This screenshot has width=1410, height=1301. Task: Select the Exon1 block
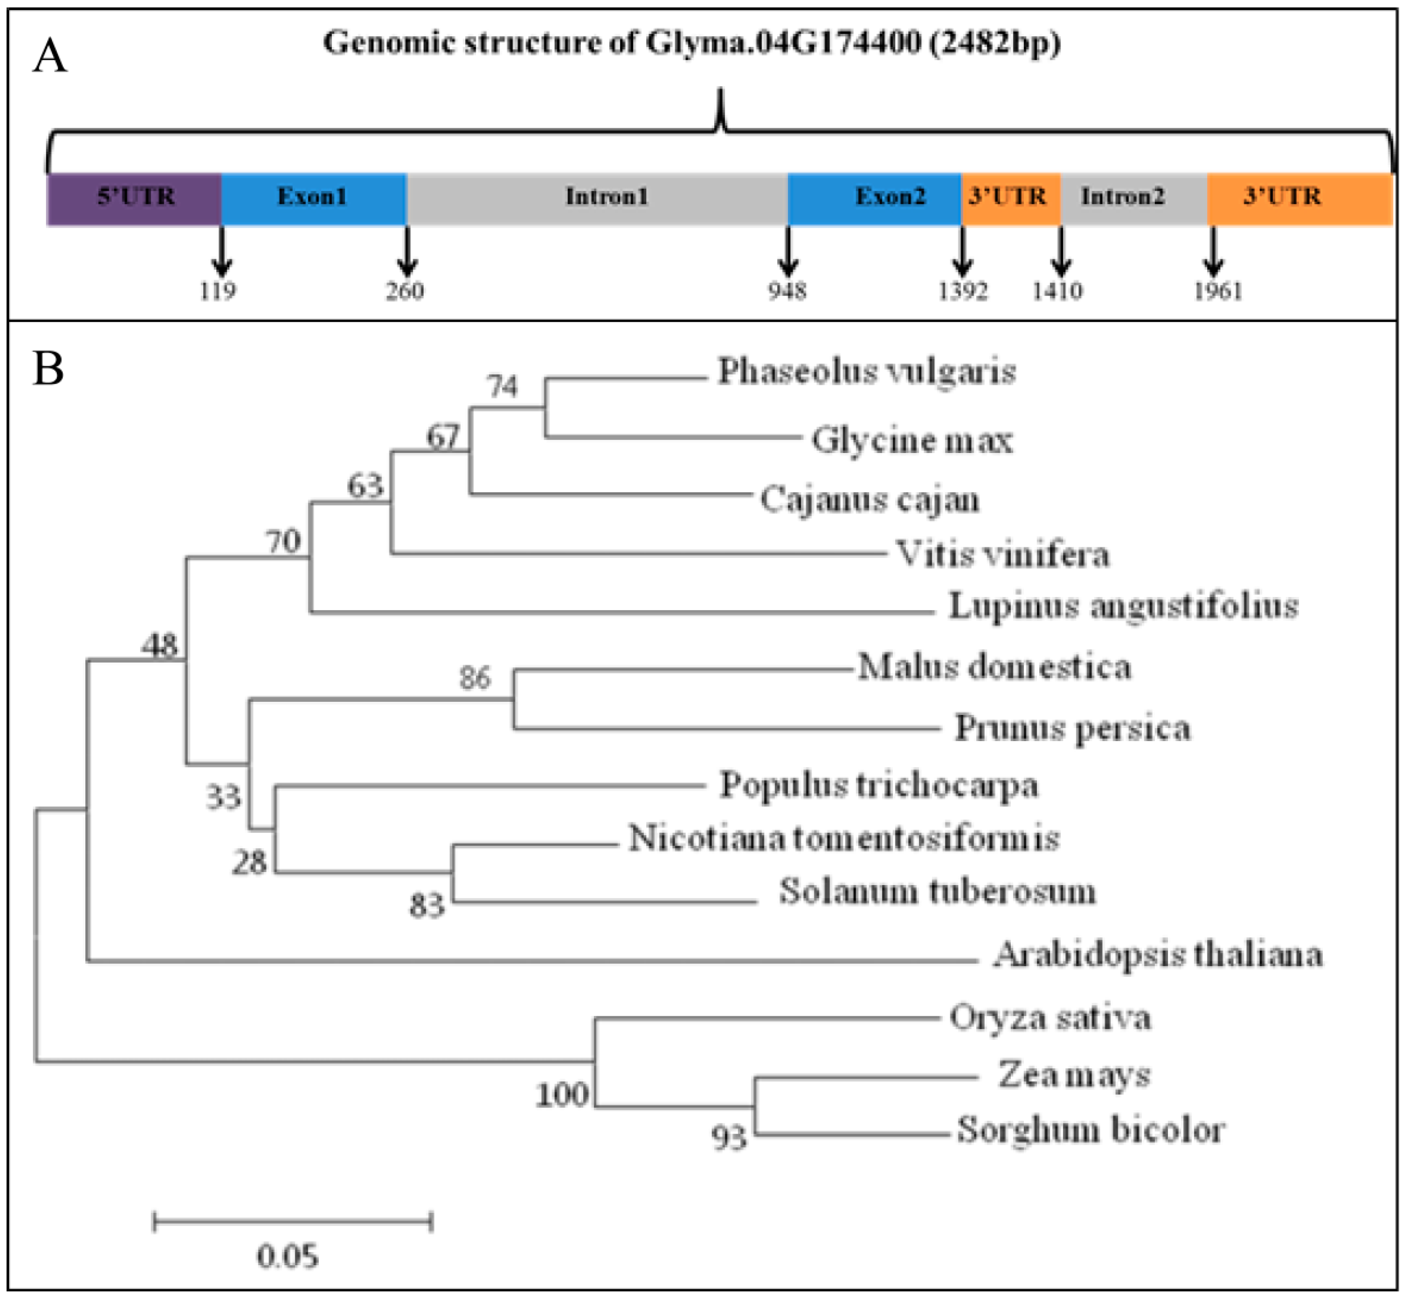[313, 199]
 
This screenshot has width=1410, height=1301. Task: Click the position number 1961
[1218, 291]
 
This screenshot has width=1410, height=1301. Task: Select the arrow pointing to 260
[407, 251]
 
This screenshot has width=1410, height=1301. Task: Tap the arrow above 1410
[1061, 251]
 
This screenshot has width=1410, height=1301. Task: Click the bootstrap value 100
[562, 1095]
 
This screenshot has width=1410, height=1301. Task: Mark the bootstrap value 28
[249, 863]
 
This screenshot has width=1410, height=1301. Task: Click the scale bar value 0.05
[287, 1256]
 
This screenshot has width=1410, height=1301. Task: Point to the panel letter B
[48, 368]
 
